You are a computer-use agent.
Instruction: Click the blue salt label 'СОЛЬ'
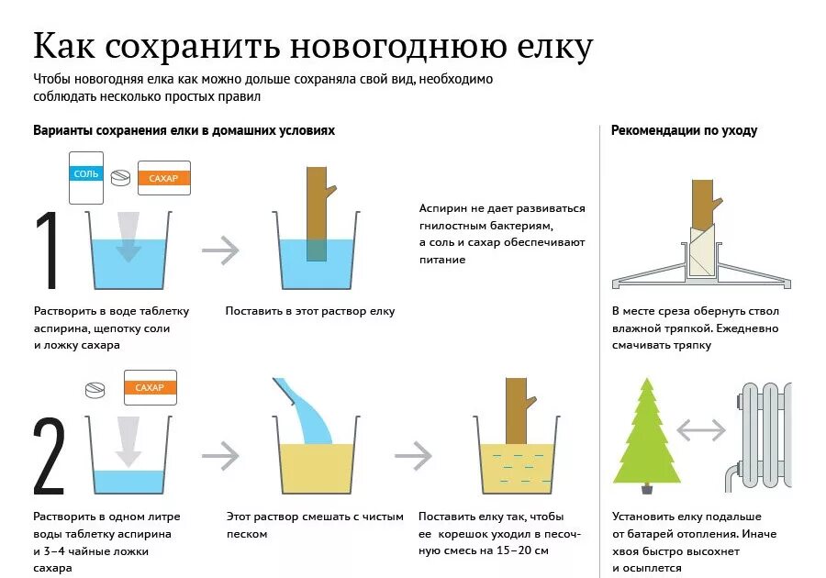(x=85, y=172)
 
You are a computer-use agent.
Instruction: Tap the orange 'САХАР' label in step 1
(x=164, y=178)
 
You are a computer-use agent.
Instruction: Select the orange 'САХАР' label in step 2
(x=150, y=387)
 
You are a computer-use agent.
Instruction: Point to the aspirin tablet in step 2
(x=95, y=391)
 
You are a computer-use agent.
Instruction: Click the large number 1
(x=47, y=250)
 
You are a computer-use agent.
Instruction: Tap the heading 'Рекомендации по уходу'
(x=684, y=130)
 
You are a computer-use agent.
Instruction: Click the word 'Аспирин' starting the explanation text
(x=443, y=209)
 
